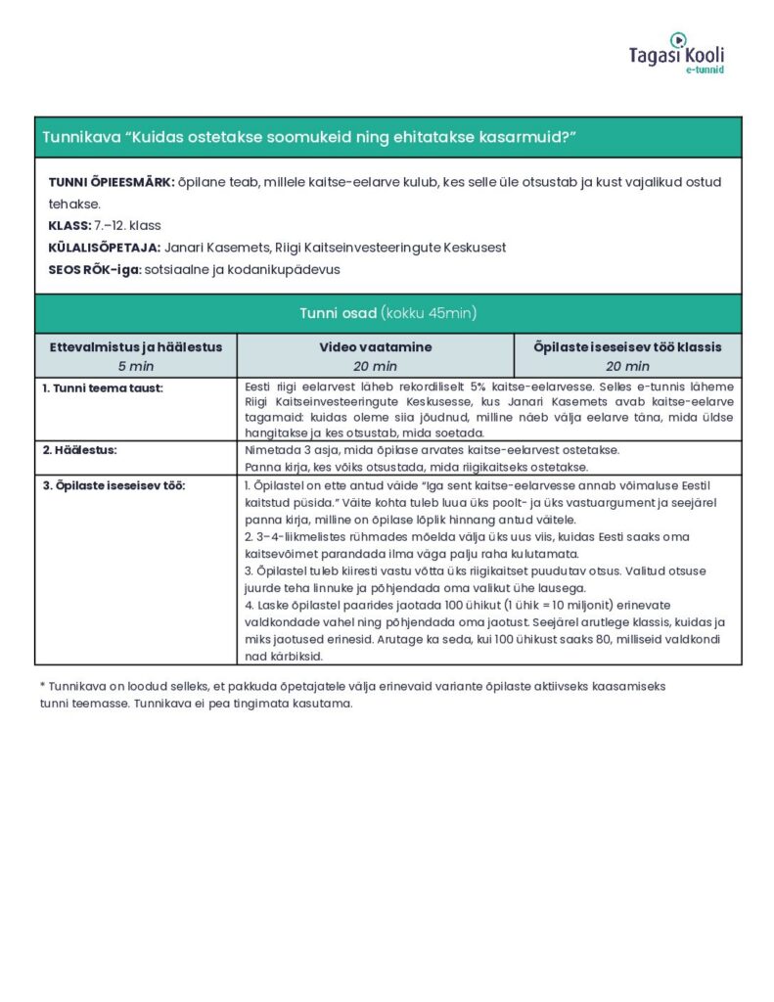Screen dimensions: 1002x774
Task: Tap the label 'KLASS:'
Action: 69,226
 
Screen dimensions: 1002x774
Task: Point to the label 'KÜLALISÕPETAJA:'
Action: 105,248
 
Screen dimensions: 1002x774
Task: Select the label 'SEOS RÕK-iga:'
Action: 95,269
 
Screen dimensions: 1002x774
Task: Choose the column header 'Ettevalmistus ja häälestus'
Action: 136,347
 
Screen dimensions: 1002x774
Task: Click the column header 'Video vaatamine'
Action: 375,347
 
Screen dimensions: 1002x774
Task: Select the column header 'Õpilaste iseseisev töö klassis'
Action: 627,347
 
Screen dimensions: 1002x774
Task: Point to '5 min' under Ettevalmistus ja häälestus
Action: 136,366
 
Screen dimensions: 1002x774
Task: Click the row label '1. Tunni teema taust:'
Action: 102,387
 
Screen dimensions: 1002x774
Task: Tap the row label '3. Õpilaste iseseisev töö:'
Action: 114,485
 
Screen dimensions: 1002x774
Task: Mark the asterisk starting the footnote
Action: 43,687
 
